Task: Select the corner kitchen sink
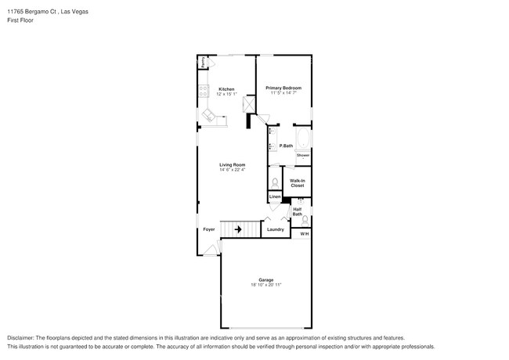point(209,115)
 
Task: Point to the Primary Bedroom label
point(283,88)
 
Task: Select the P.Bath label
point(286,146)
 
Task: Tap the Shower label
point(302,156)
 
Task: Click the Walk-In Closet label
point(298,183)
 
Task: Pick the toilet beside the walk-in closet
point(274,182)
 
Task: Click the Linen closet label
point(275,196)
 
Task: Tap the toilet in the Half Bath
point(305,220)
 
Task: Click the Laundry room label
point(275,229)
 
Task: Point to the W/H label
point(304,234)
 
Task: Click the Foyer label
point(209,229)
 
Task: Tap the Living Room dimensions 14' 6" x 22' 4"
point(232,170)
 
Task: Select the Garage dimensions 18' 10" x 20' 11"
point(265,285)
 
